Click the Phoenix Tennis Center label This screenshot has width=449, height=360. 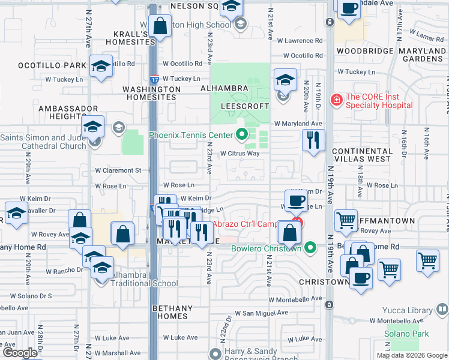[191, 134]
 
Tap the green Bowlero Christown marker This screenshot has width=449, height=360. [310, 247]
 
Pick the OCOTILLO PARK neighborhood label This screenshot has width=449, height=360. [44, 65]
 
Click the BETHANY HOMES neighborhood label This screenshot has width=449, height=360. [172, 313]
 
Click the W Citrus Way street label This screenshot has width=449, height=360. [240, 154]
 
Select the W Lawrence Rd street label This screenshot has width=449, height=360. [303, 41]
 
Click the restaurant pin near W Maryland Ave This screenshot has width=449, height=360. [313, 140]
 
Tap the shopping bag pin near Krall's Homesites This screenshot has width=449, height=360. [160, 26]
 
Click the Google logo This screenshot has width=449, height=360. [20, 353]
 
